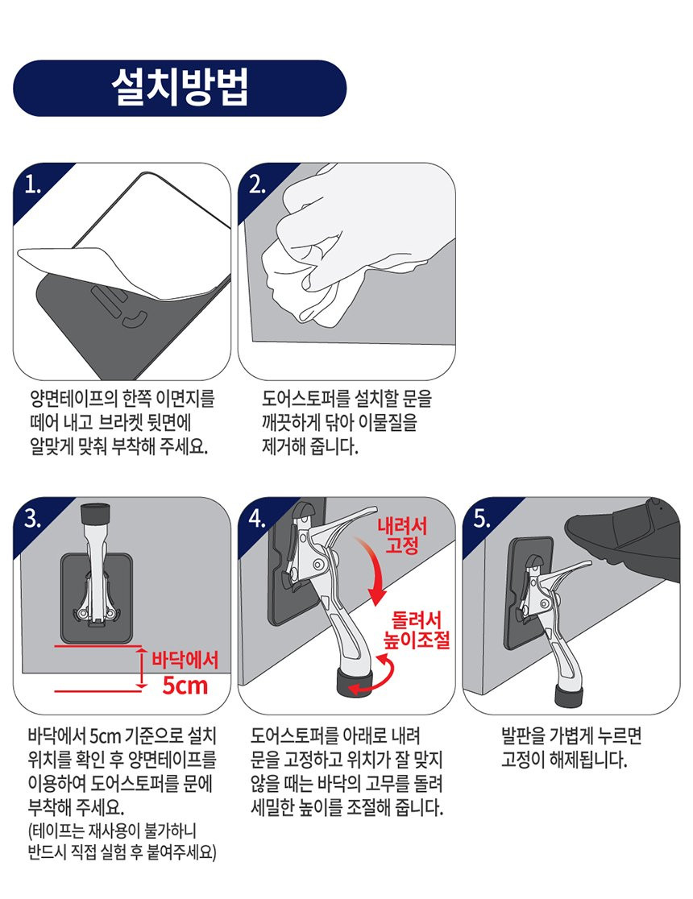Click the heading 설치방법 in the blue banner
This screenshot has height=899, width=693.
tap(180, 88)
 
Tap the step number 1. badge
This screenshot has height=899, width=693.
tap(33, 185)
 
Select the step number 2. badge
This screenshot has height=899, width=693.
tap(258, 185)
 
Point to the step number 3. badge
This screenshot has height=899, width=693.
tap(33, 519)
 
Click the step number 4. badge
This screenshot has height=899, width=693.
tap(258, 519)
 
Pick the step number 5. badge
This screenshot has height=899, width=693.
tap(482, 519)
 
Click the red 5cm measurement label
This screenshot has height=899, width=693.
tap(185, 686)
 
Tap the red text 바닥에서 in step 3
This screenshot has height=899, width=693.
tap(185, 660)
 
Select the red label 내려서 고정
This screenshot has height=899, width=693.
tap(401, 536)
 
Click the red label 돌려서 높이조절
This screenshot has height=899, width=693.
tap(417, 629)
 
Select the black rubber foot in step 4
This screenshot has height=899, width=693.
tap(354, 682)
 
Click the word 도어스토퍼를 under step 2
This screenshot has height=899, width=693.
tap(305, 399)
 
